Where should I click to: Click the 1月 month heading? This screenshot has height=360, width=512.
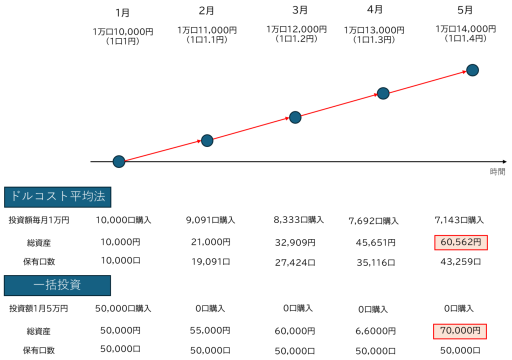pyautogui.click(x=122, y=12)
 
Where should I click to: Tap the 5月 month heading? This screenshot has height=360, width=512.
pyautogui.click(x=465, y=10)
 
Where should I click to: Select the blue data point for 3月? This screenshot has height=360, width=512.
pyautogui.click(x=295, y=117)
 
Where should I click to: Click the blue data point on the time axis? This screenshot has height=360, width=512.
pyautogui.click(x=119, y=161)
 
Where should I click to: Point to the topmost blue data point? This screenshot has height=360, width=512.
pyautogui.click(x=472, y=70)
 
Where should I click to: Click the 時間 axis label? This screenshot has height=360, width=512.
pyautogui.click(x=497, y=171)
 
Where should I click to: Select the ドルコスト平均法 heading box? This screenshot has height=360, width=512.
pyautogui.click(x=57, y=197)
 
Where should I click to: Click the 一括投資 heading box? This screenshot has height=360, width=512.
pyautogui.click(x=57, y=285)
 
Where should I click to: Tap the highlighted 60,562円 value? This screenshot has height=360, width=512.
pyautogui.click(x=460, y=242)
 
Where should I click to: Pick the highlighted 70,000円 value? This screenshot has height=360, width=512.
pyautogui.click(x=460, y=331)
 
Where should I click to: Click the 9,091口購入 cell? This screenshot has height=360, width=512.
pyautogui.click(x=210, y=220)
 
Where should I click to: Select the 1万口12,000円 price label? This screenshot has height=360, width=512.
pyautogui.click(x=296, y=29)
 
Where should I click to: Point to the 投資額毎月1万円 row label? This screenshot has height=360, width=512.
pyautogui.click(x=39, y=220)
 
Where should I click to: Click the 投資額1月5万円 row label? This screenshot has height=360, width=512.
pyautogui.click(x=38, y=308)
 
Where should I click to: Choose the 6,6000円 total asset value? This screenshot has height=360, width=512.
pyautogui.click(x=375, y=331)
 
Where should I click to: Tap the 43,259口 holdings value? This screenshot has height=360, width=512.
pyautogui.click(x=460, y=261)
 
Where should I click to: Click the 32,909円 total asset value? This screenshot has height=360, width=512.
pyautogui.click(x=295, y=242)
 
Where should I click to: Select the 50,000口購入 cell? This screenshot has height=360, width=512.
pyautogui.click(x=123, y=308)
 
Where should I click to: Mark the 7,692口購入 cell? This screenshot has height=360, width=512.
pyautogui.click(x=373, y=221)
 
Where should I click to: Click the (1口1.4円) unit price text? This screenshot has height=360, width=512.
pyautogui.click(x=465, y=38)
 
